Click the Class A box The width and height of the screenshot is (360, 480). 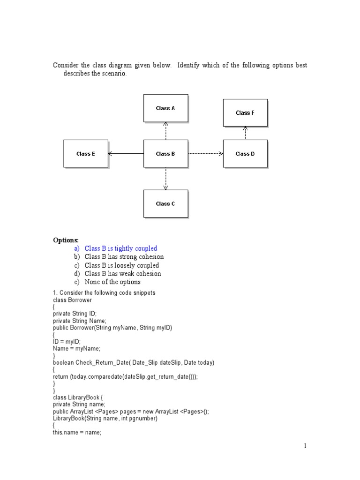click(165, 108)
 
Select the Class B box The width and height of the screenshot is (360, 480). click(165, 154)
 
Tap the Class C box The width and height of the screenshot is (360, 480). click(165, 204)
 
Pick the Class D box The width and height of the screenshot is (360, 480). click(245, 154)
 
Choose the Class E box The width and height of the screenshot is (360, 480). click(86, 154)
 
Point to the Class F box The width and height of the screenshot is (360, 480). click(245, 113)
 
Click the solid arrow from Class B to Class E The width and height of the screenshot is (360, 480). click(126, 153)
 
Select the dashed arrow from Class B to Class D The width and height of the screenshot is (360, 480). click(206, 153)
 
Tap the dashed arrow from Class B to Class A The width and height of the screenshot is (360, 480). click(165, 131)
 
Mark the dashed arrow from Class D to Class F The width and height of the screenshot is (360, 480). click(245, 133)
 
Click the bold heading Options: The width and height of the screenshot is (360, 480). click(66, 240)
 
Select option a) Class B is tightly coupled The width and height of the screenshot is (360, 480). click(120, 248)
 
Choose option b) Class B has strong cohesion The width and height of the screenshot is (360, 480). click(124, 257)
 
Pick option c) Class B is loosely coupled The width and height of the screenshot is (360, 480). click(121, 265)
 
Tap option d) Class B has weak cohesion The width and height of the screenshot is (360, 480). click(122, 274)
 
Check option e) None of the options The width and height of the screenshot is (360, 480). click(112, 282)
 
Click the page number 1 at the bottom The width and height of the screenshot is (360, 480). click(305, 446)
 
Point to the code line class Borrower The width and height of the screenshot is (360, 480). click(72, 300)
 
